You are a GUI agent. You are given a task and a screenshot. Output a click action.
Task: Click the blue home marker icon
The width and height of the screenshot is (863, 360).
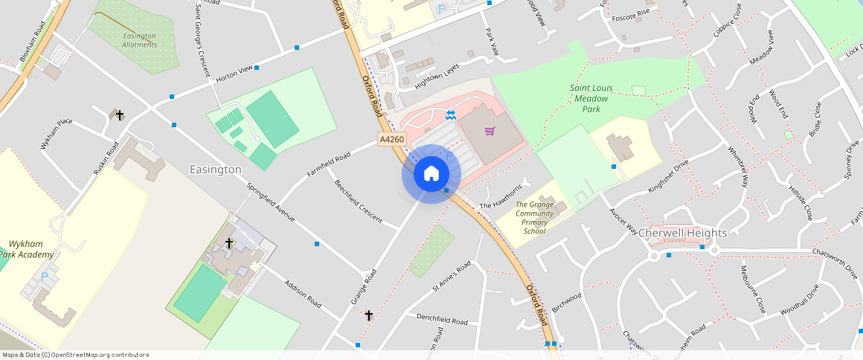coord(431,174)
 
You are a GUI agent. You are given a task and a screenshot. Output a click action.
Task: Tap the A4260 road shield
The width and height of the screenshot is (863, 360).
coord(392,139)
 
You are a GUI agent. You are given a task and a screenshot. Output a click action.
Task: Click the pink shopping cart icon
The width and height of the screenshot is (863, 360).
coord(490,132)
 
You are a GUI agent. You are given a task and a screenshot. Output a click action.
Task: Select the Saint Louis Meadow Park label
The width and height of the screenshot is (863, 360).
coord(590,98)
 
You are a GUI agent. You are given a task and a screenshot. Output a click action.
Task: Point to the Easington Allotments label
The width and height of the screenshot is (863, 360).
coord(140,40)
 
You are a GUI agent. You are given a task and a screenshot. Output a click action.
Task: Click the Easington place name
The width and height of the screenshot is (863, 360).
coord(215,170)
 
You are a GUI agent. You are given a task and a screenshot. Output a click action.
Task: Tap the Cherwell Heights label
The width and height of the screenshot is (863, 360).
coord(682,233)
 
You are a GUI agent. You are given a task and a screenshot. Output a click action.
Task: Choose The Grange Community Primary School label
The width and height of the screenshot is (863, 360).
coord(535,218)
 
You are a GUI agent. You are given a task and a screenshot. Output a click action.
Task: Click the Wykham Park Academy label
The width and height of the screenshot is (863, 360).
coord(30,249)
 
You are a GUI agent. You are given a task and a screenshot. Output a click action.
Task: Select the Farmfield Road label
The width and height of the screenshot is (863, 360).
coord(328,165)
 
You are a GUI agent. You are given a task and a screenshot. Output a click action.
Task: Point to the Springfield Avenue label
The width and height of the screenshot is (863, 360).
coord(271,203)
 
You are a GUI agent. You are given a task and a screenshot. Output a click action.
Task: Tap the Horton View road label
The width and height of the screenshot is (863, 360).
coord(234,77)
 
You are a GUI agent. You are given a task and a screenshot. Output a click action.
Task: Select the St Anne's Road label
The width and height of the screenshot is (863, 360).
coord(452,277)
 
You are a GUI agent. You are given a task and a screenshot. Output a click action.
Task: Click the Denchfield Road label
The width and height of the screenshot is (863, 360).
coord(442,319)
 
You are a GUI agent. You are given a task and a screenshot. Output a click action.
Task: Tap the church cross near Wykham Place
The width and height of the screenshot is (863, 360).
coord(119,115)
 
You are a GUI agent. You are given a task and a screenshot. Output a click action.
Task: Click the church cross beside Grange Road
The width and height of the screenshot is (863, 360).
coord(368,316)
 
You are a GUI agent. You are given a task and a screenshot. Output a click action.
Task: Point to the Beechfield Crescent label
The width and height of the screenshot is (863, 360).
coord(358,202)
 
